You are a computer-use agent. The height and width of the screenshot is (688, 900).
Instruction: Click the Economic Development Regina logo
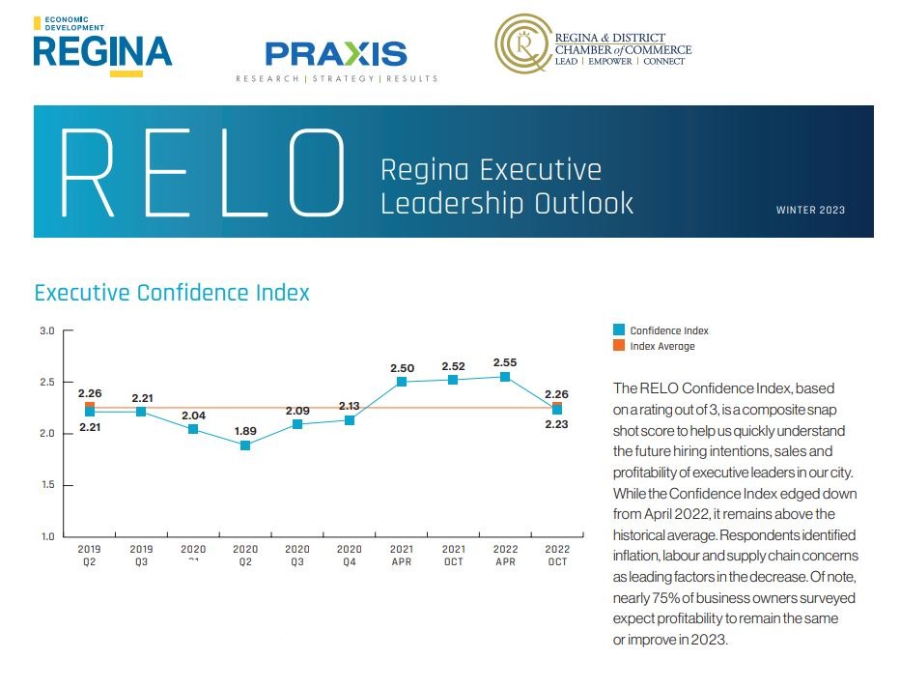coord(102,45)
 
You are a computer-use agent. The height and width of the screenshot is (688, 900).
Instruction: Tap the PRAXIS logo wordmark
coord(336,54)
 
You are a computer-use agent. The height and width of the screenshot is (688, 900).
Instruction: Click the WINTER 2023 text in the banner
coord(810,211)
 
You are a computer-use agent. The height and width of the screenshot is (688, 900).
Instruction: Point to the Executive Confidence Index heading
coord(172,293)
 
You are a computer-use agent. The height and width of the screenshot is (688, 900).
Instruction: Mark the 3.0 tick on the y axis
coord(46,331)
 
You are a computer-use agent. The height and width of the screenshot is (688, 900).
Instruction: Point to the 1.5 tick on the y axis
coord(46,485)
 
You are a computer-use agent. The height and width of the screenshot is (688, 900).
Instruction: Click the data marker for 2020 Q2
coord(245,445)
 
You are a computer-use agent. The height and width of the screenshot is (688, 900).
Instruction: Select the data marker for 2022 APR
coord(505,377)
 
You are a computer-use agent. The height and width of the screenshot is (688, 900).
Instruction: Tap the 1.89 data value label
coord(245,429)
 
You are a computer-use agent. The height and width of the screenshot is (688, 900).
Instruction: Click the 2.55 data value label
coord(505,362)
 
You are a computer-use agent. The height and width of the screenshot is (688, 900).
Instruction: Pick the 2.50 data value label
coord(402,368)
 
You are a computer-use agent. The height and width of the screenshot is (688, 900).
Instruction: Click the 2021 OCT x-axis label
coord(453,556)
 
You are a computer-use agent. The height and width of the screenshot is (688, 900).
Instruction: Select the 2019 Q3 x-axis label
coord(141,556)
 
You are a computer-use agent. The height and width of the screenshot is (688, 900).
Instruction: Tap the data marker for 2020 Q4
coord(350,420)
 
